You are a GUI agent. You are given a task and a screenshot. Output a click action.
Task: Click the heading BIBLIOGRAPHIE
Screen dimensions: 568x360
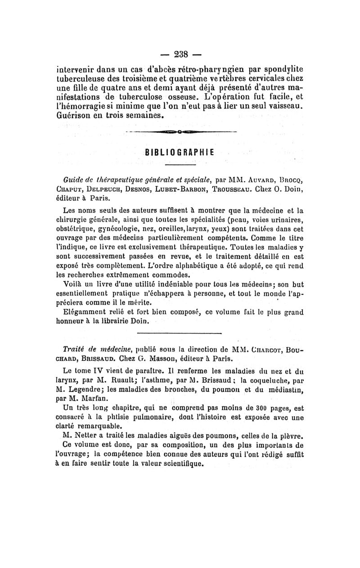coord(179,152)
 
